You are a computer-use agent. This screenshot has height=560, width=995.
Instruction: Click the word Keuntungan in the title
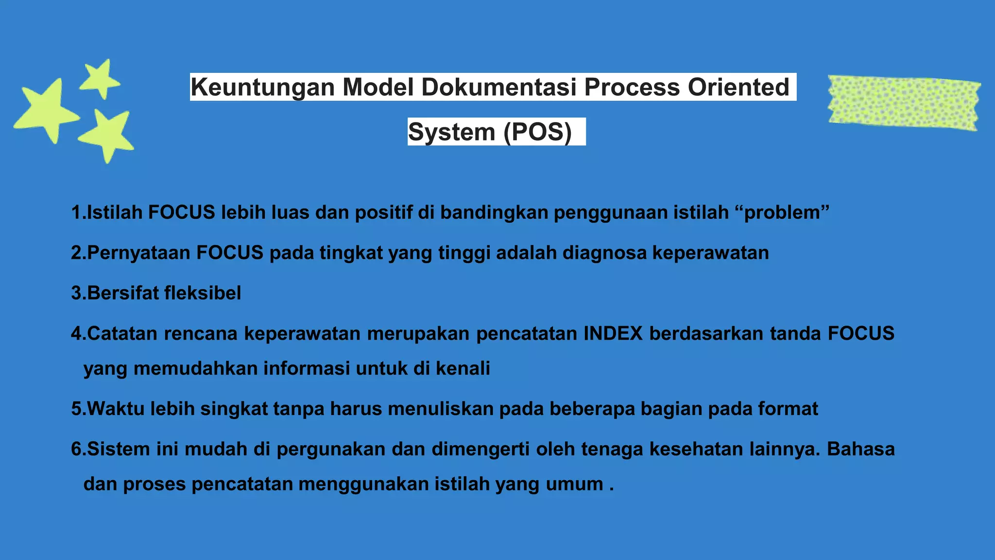263,87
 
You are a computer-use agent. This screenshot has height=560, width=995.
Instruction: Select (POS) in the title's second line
538,132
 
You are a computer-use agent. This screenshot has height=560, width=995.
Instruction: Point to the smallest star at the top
101,79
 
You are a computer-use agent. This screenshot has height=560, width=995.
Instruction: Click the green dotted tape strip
904,103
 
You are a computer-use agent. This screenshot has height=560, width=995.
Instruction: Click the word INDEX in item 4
613,333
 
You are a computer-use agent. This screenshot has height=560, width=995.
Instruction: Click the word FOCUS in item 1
181,212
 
